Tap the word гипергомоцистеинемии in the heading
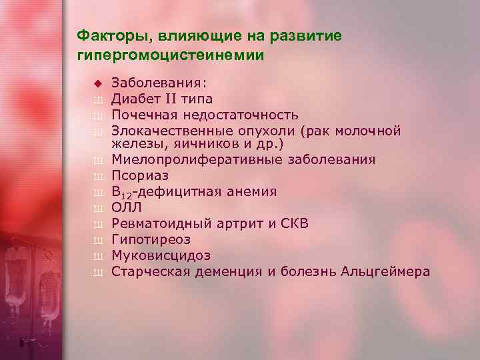pyautogui.click(x=171, y=55)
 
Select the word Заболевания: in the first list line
pyautogui.click(x=159, y=83)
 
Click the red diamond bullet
pyautogui.click(x=97, y=83)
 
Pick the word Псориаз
pyautogui.click(x=140, y=176)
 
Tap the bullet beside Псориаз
pyautogui.click(x=97, y=177)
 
